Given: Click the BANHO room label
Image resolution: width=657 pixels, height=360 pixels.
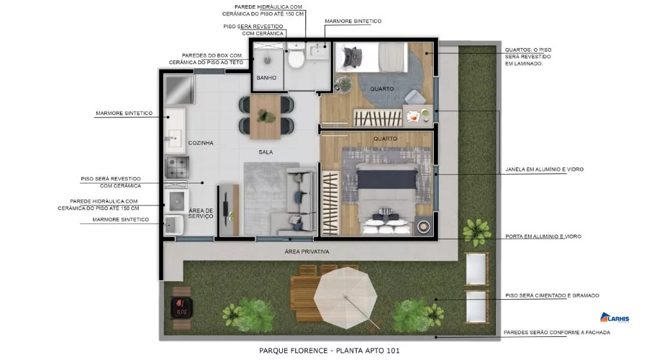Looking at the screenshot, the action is click(266, 78).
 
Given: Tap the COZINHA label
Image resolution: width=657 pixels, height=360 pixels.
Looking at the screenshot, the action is click(201, 143).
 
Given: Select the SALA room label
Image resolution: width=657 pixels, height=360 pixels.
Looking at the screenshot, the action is click(266, 152).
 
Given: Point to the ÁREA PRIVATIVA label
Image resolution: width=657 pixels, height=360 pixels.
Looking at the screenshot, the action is click(307, 252).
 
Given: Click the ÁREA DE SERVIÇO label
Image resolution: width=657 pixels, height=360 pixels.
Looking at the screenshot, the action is click(201, 213).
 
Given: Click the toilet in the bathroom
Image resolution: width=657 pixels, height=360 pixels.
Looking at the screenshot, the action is click(296, 56).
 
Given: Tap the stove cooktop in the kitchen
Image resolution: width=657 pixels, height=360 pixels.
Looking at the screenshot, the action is click(176, 167).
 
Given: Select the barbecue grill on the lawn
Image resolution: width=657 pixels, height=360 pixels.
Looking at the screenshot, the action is click(182, 307).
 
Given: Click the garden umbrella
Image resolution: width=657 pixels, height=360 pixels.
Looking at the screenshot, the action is click(345, 298).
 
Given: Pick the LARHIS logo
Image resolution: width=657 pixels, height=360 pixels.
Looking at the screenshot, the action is click(615, 318).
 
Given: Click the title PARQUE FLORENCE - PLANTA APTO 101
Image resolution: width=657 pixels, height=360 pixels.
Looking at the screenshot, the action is click(329, 350).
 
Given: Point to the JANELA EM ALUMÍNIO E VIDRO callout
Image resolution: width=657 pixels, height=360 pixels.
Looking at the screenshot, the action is click(544, 169).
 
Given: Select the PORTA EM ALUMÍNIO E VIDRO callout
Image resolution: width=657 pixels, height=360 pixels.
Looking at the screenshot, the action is click(543, 236).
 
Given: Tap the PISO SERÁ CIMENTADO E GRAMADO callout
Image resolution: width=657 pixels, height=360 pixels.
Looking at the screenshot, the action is click(552, 295).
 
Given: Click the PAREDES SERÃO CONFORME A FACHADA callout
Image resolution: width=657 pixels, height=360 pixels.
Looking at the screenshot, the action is click(557, 332).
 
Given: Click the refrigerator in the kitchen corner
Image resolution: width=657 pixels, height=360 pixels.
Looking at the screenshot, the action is click(180, 89).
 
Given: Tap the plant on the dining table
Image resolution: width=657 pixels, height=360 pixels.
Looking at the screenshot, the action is click(265, 116).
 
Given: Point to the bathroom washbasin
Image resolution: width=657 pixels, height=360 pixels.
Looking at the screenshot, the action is click(318, 51).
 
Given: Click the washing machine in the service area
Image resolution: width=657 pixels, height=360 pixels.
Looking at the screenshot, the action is click(176, 201).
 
